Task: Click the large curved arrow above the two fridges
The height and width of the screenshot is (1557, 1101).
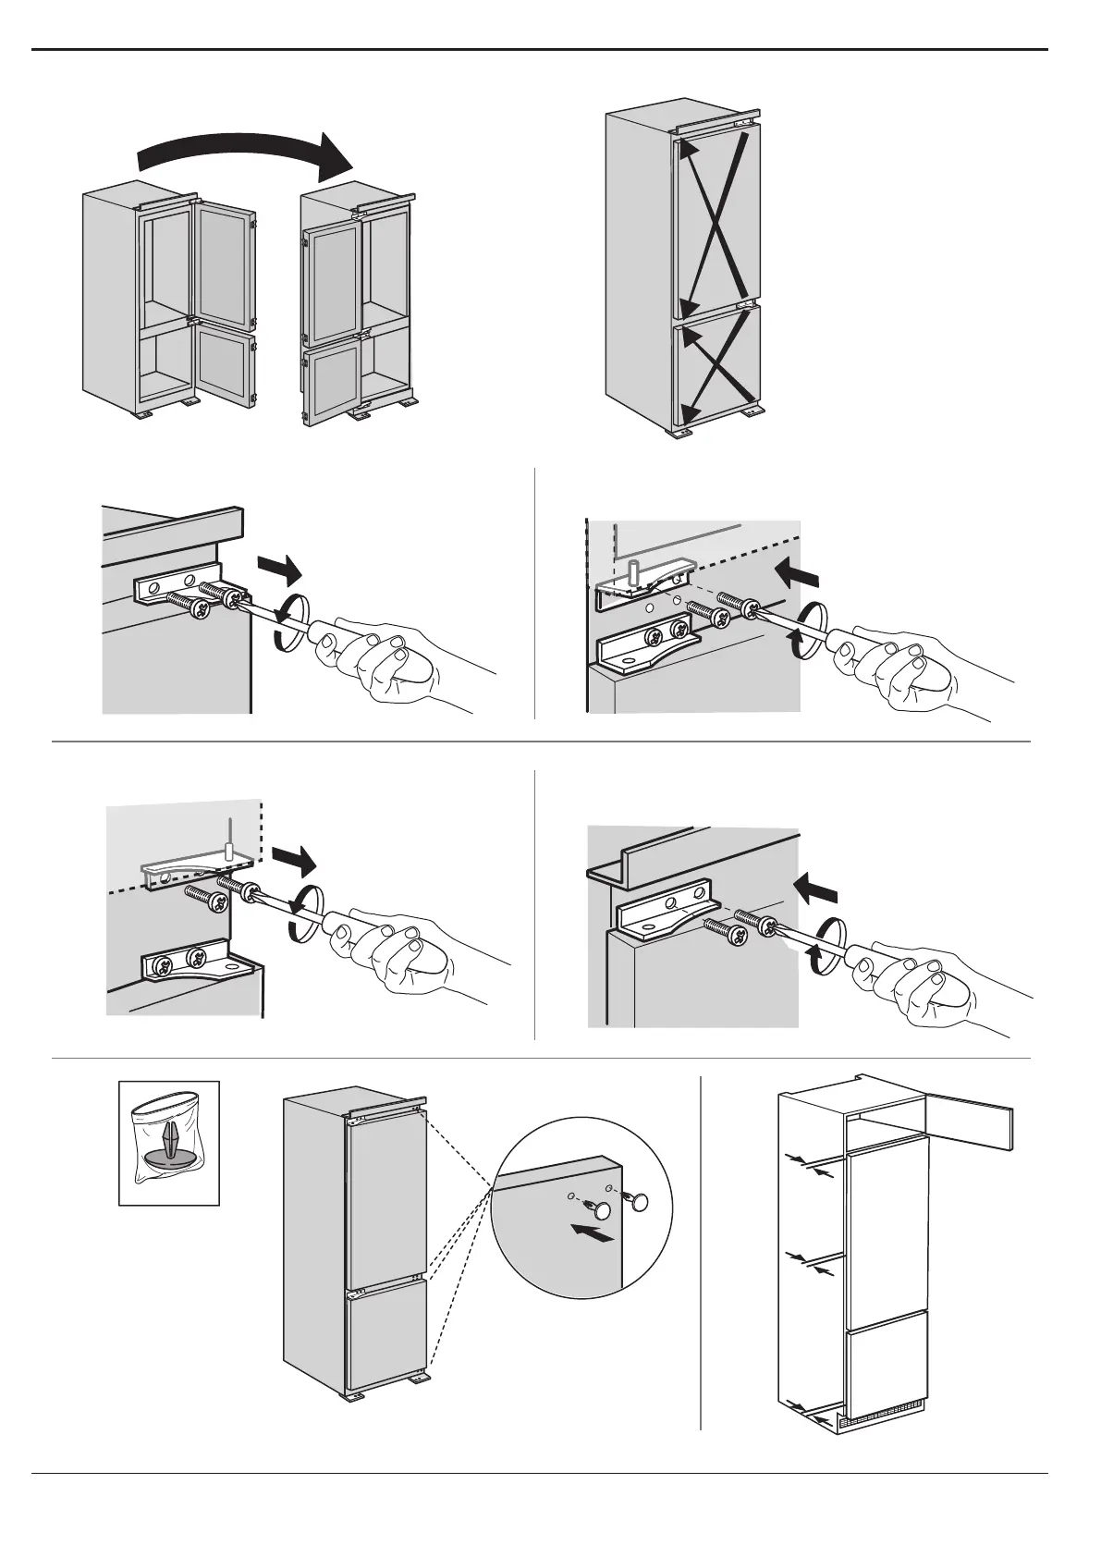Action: point(245,153)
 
